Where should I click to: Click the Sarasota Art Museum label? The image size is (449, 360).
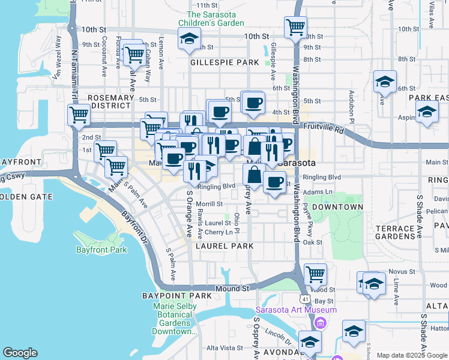[x=296, y=310]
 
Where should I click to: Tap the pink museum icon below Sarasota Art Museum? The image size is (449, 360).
[x=320, y=324]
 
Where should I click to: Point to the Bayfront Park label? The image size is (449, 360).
[x=101, y=250]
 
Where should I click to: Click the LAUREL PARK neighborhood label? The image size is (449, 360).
[x=228, y=246]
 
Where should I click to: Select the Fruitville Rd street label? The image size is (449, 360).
[x=323, y=129]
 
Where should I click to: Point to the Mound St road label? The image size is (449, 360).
[x=232, y=289]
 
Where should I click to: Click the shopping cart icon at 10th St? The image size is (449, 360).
[x=295, y=26]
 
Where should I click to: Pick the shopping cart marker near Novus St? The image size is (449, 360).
[x=315, y=274]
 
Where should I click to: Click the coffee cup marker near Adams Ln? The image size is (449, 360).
[x=274, y=182]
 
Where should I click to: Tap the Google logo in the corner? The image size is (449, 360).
[x=20, y=353]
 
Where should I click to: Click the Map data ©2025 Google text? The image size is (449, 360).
[x=412, y=355]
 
